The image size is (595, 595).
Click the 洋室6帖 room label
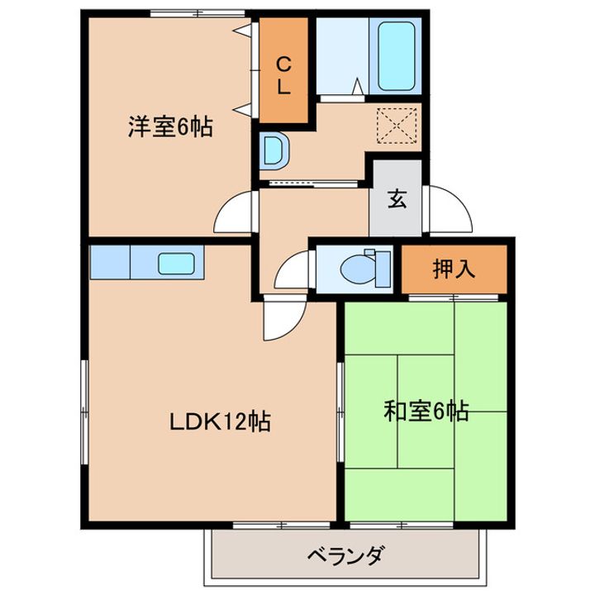pos(169,127)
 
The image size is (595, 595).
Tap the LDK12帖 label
pos(221,423)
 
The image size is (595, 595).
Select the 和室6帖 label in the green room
pos(426,410)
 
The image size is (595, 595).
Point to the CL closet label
pos(283,74)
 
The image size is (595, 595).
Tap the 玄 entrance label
pos(397,200)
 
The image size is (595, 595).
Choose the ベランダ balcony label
pos(346,555)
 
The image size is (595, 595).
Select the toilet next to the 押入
pos(364,268)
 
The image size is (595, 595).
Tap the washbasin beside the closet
pos(274,151)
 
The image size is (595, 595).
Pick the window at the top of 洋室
pos(198,12)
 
